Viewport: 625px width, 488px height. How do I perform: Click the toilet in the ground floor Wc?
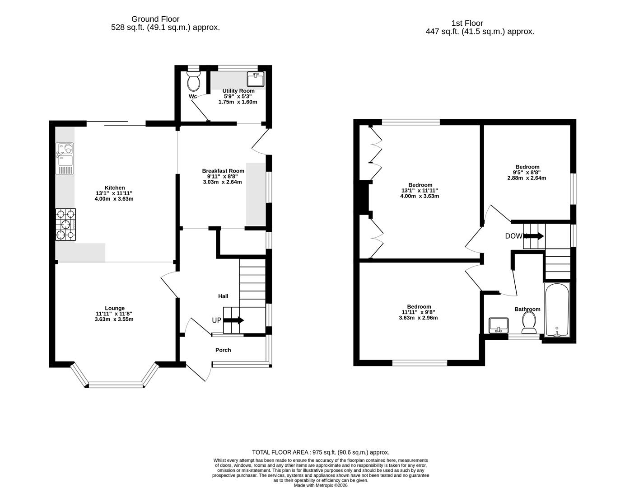[x=194, y=82]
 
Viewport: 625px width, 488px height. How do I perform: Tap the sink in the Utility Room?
[x=256, y=80]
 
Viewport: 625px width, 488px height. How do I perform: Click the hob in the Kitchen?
[x=65, y=225]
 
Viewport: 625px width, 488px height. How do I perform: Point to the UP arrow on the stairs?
[x=233, y=320]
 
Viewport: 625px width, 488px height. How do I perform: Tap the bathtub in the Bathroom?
[x=557, y=310]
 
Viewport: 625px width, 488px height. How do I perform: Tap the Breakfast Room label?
[x=223, y=171]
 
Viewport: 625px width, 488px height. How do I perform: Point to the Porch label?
[x=223, y=350]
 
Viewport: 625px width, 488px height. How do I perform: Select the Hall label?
[x=223, y=296]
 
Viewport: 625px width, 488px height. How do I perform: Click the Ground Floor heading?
[x=155, y=19]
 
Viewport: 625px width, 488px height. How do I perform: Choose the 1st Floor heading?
[x=467, y=23]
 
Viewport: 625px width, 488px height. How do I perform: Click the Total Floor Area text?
[x=320, y=452]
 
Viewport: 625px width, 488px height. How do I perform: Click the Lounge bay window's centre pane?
[x=116, y=385]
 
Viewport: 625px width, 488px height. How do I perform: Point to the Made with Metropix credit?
[x=320, y=485]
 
